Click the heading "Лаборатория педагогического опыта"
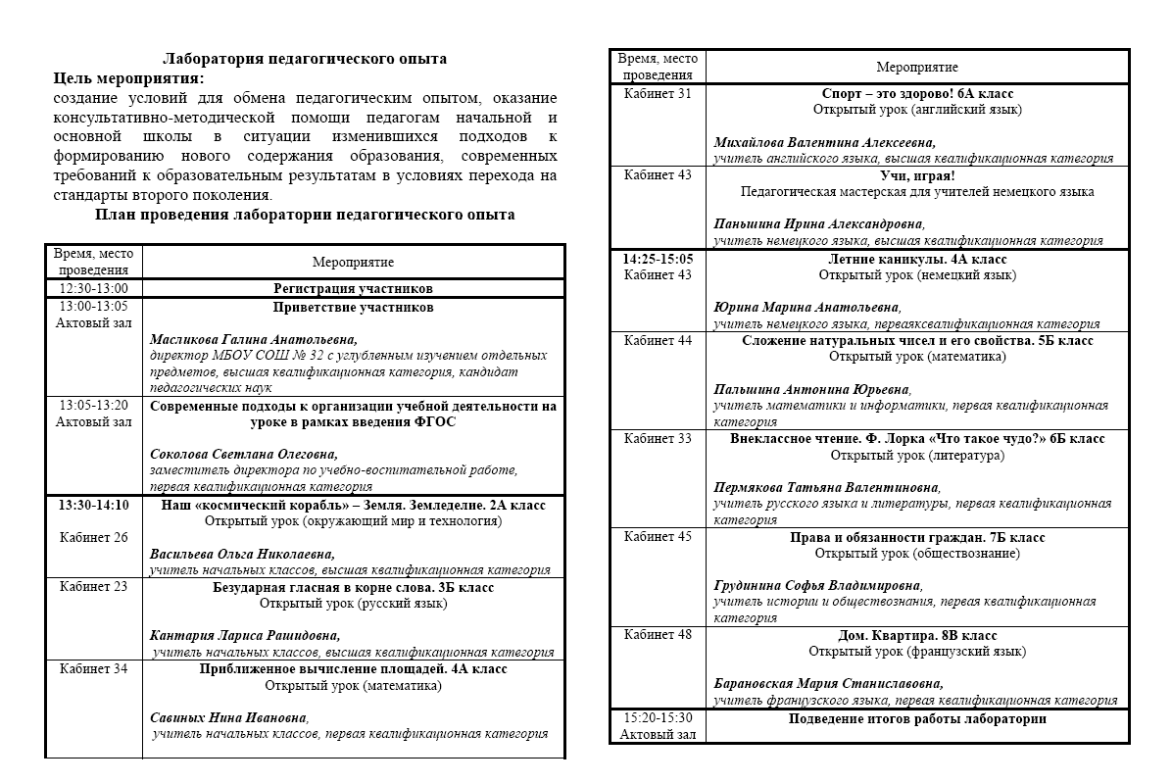[x=305, y=59]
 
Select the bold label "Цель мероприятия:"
[x=129, y=78]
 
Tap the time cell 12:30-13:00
[x=94, y=289]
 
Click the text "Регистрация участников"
[x=353, y=289]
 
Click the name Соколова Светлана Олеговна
[x=243, y=455]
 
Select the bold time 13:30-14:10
[x=94, y=506]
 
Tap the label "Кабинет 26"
[x=94, y=538]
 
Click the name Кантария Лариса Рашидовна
[x=245, y=635]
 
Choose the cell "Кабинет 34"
[x=94, y=670]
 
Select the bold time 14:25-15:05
[x=658, y=260]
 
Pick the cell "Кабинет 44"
[x=658, y=341]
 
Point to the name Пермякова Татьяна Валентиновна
[x=826, y=487]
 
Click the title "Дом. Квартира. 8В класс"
[x=917, y=635]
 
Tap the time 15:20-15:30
[x=658, y=718]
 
